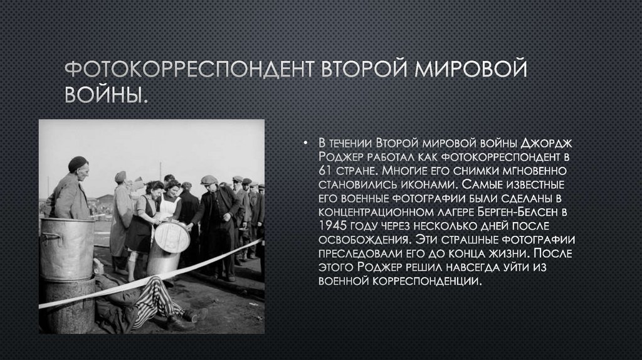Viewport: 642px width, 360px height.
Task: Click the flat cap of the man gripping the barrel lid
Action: coord(209,179)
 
